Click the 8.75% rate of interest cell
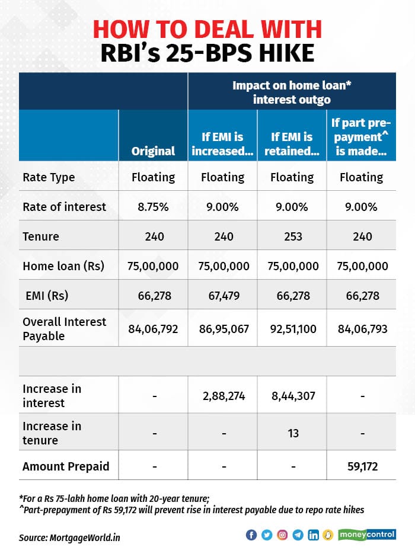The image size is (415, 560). click(153, 207)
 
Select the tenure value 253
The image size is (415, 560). click(292, 236)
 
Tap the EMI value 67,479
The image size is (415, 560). click(222, 296)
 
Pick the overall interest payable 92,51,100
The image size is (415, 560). click(292, 328)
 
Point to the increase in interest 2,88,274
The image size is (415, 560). click(222, 395)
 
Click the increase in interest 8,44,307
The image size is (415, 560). click(292, 395)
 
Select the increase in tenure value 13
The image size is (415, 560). click(292, 433)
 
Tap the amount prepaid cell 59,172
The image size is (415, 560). click(361, 466)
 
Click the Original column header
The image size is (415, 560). click(153, 151)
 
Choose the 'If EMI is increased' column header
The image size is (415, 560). click(222, 144)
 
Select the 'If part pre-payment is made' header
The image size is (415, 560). click(361, 137)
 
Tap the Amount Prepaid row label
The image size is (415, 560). click(66, 466)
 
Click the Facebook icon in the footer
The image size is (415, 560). click(251, 535)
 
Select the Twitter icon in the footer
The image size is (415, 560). click(267, 535)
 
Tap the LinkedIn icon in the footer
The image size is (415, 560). click(313, 535)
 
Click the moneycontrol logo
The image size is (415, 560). click(367, 535)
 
